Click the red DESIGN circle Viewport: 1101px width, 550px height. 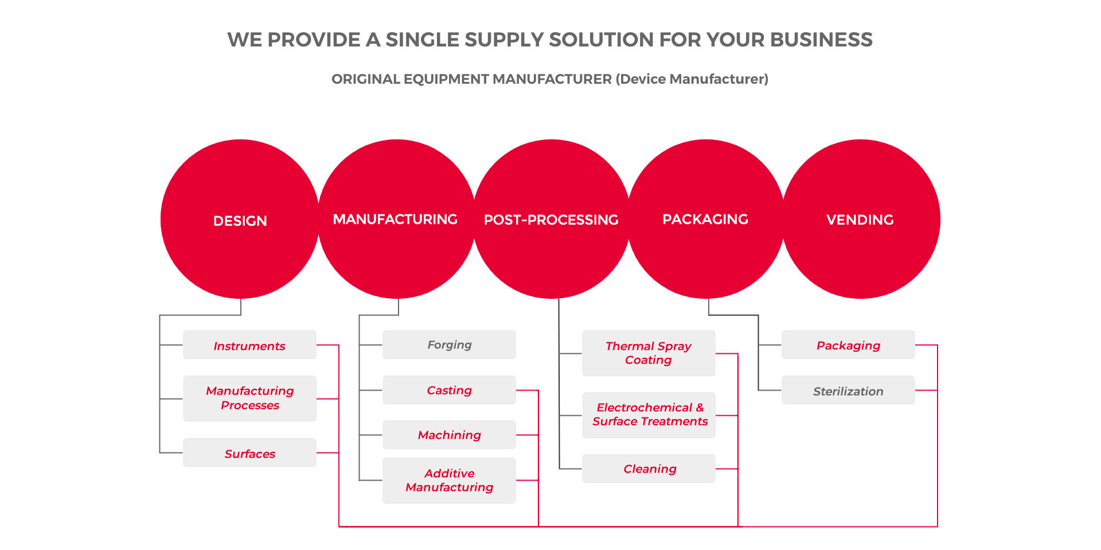[240, 219]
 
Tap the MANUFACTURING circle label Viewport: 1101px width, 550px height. [395, 219]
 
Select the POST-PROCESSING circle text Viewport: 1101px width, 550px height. [551, 220]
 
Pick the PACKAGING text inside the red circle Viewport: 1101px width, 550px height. [705, 219]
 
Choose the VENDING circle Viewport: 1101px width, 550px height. [861, 219]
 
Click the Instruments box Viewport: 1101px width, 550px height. [249, 345]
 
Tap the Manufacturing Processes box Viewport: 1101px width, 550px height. [249, 399]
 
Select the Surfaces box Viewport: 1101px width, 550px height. [249, 453]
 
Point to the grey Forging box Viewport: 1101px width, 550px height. [449, 345]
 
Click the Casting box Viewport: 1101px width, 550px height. [449, 390]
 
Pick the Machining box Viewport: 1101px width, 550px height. [449, 435]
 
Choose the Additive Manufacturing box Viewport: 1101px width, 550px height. [449, 481]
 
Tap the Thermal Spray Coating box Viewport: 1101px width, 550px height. [649, 353]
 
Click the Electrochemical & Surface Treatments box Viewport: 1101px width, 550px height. [649, 415]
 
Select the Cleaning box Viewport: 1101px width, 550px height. [649, 469]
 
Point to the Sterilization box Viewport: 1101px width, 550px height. [848, 390]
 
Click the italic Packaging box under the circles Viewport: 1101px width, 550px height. [848, 345]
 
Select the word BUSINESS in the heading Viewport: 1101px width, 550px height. [821, 40]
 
